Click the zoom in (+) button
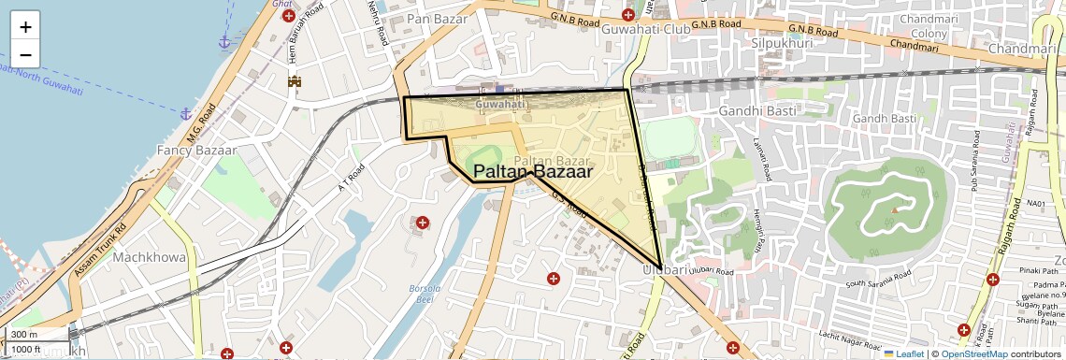click(x=26, y=27)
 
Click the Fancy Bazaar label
click(x=196, y=150)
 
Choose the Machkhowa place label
click(x=150, y=256)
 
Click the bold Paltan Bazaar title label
click(x=533, y=172)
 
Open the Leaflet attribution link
click(x=903, y=353)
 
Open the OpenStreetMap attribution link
click(x=974, y=353)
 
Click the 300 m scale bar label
click(x=25, y=335)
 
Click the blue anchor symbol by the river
click(x=223, y=42)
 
